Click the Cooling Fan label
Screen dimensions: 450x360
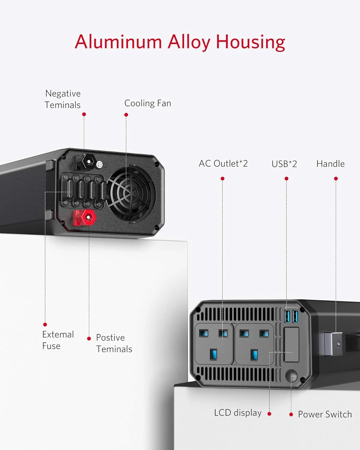148,103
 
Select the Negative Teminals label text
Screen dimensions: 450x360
63,99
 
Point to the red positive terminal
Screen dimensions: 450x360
85,217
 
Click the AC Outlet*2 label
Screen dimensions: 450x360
223,163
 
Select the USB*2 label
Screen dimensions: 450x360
284,164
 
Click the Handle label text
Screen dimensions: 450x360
330,164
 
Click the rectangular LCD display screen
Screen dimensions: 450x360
291,344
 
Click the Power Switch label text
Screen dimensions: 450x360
325,414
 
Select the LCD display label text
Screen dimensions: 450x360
238,413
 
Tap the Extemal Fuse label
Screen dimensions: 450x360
58,340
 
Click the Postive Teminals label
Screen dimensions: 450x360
114,343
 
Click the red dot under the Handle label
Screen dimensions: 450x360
336,178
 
